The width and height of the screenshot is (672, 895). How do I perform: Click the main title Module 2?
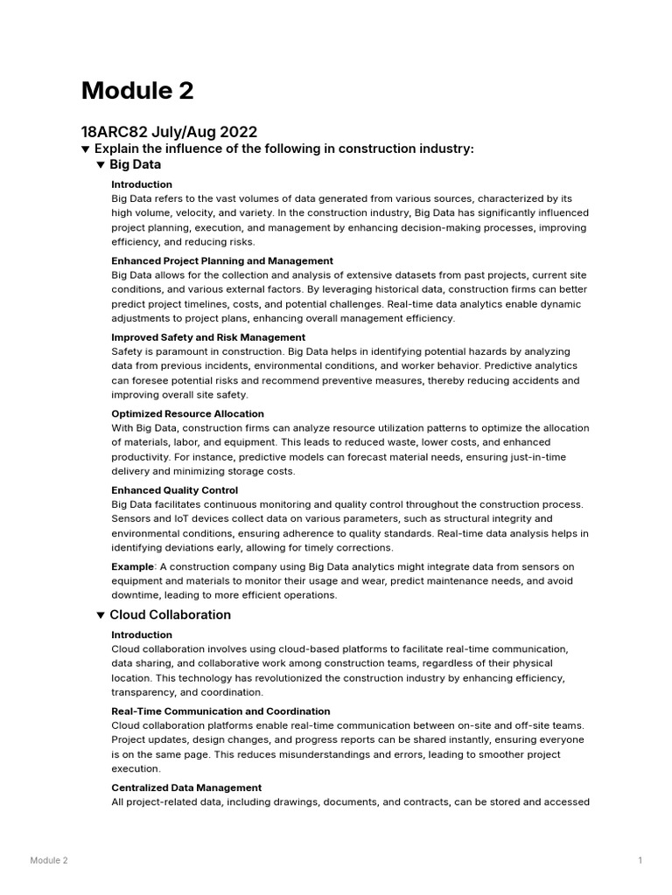tap(137, 90)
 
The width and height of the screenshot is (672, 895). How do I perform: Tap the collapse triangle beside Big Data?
tap(101, 164)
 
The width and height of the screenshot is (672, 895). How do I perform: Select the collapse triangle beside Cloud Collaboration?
tap(101, 615)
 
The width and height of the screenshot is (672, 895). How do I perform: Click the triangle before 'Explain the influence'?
tap(86, 149)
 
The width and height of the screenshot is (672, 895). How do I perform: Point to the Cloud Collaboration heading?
tap(170, 615)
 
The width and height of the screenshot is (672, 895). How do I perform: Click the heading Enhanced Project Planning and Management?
tap(222, 260)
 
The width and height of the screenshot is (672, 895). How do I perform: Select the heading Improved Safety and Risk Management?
tap(208, 337)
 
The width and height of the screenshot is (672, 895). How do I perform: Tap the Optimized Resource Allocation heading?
tap(187, 413)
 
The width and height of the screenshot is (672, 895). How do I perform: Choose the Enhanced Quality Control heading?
tap(174, 490)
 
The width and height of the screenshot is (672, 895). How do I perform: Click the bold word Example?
tap(132, 567)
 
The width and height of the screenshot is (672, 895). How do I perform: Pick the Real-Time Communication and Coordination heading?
tap(220, 711)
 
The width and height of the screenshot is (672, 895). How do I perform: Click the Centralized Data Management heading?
tap(186, 787)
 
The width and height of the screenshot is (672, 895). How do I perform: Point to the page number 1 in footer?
tap(640, 861)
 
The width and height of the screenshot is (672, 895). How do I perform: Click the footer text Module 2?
tap(49, 861)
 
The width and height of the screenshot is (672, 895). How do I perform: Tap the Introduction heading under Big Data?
tap(142, 184)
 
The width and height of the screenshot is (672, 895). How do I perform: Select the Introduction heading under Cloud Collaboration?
tap(142, 635)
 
